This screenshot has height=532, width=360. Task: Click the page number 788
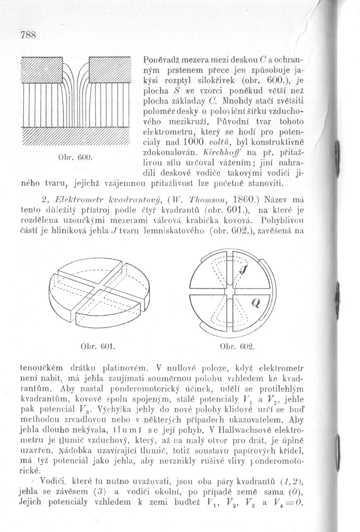[x=29, y=36]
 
